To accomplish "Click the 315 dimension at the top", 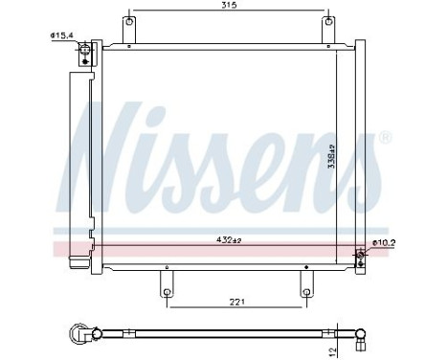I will coord(229,6).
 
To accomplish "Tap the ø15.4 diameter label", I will coord(63,36).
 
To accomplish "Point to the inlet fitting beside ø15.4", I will coord(87,53).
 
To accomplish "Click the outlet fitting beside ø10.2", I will coord(361,254).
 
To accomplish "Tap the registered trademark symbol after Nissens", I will coord(385,138).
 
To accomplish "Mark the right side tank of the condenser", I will coord(360,153).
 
